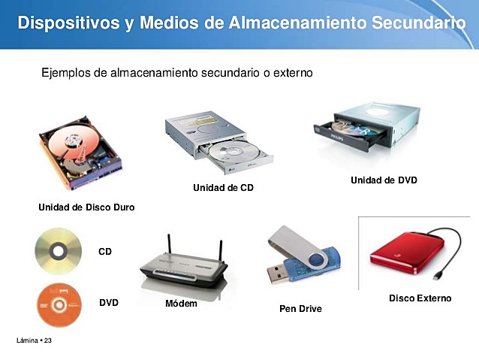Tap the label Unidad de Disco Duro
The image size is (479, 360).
tap(86, 206)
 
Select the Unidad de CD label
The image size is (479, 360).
tap(223, 187)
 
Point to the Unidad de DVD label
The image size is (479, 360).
tap(384, 180)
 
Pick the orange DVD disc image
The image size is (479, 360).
tap(59, 306)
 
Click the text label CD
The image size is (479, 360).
tap(105, 252)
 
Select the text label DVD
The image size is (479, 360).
tap(109, 302)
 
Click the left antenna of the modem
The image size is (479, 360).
tap(169, 248)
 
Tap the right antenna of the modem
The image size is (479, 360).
tap(221, 252)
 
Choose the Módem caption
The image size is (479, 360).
tap(181, 304)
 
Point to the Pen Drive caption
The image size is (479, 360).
tap(300, 308)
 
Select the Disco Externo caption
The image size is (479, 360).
tap(420, 298)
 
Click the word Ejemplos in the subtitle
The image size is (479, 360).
tap(64, 74)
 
